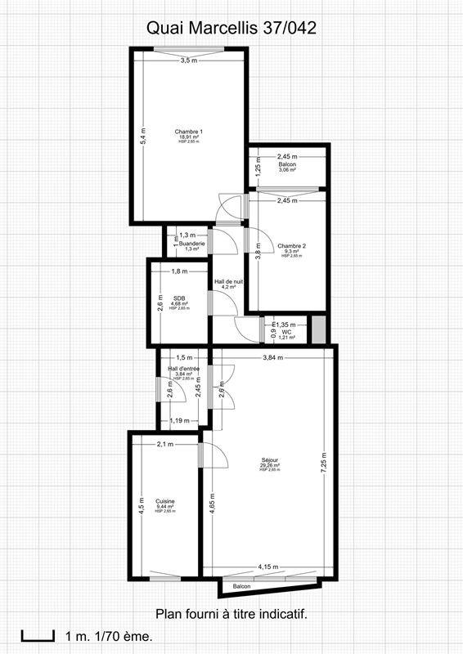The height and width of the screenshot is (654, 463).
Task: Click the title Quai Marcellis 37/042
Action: tap(231, 28)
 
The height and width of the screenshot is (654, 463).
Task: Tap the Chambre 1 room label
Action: tap(189, 132)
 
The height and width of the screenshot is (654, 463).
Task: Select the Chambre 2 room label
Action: tap(291, 246)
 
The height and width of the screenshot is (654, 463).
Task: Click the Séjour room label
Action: tap(270, 460)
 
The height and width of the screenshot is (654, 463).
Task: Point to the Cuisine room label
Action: tap(165, 501)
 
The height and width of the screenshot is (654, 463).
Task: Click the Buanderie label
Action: tap(192, 243)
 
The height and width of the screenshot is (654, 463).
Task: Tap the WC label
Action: tap(286, 332)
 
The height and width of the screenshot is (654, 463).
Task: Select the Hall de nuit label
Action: tap(229, 281)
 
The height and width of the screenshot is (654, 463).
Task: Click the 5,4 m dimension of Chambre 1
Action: tap(142, 137)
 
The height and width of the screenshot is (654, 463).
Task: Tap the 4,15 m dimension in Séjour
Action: tap(267, 567)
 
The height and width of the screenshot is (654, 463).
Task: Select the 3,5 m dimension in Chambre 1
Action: tap(188, 60)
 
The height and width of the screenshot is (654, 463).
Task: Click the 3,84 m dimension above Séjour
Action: tap(273, 357)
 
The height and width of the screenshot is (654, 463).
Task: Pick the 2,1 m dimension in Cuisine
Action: tap(165, 444)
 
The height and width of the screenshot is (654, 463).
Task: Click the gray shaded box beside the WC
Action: tap(319, 329)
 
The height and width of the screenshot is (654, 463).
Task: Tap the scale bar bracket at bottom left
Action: tap(33, 634)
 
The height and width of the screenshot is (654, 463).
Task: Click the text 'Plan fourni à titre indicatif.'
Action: tap(231, 613)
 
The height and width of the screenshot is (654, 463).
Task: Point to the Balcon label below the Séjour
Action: tap(241, 587)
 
